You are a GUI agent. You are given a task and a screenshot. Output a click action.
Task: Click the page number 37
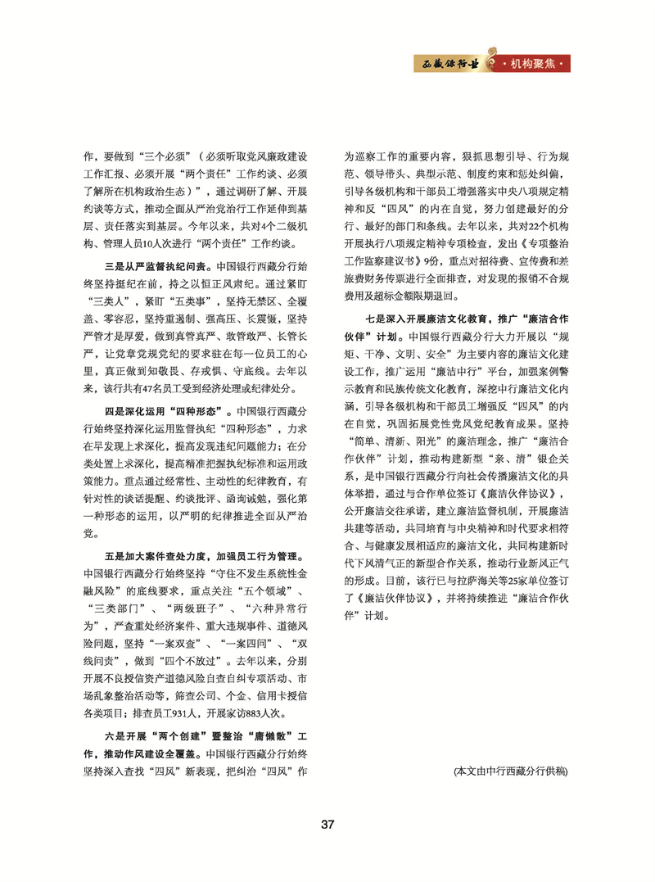coord(327,823)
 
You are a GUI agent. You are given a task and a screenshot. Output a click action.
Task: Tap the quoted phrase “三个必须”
coord(161,154)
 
